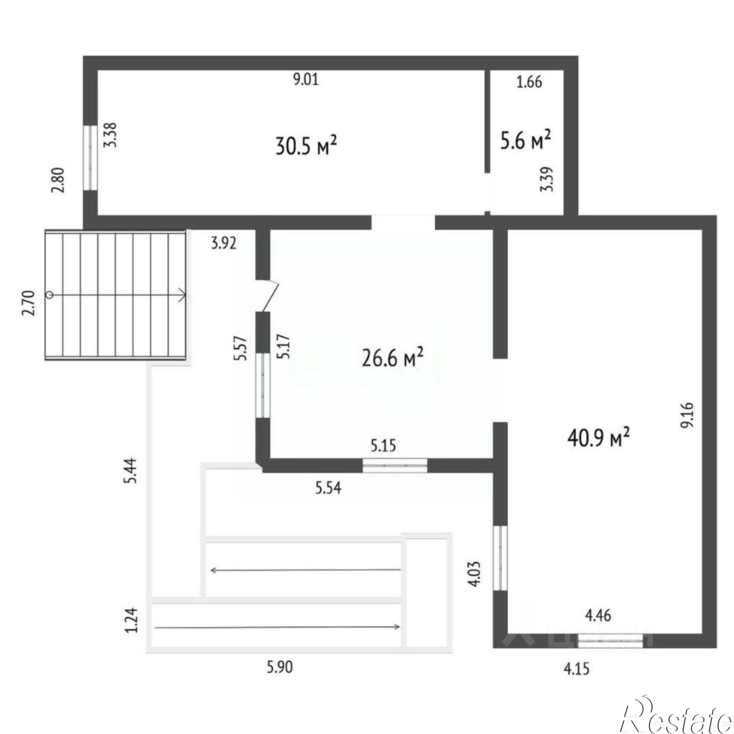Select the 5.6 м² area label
pos(526,140)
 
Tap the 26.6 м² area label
pos(392,358)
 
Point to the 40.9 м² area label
pos(598,439)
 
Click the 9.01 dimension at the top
pos(306,80)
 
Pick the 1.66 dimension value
pos(529,82)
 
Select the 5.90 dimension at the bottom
pos(280,677)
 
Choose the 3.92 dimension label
pos(224,243)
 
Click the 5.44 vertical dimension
pos(131,470)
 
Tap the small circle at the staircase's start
pos(50,295)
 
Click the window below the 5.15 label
pos(395,465)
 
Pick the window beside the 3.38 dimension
pos(90,158)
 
